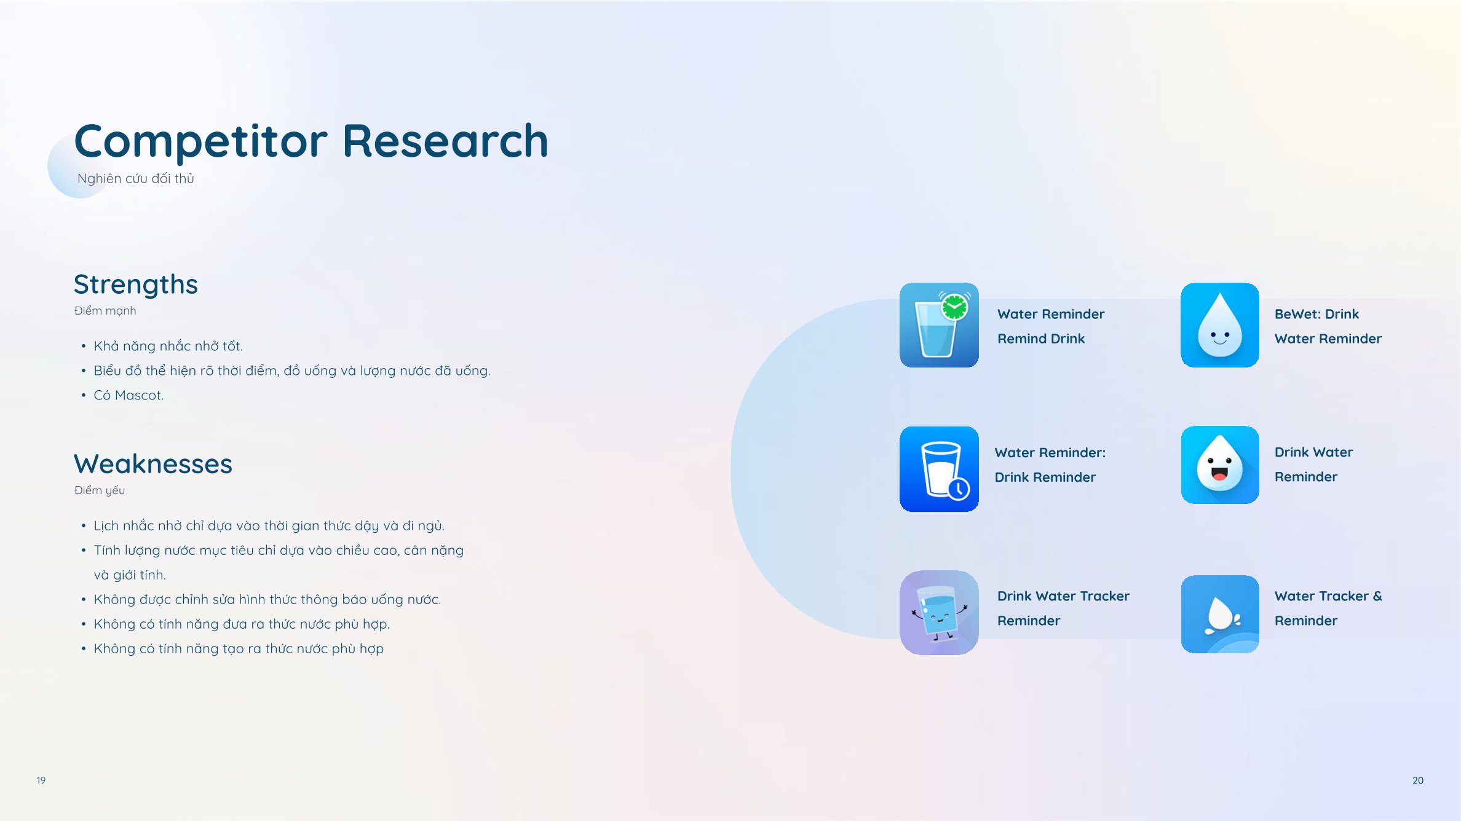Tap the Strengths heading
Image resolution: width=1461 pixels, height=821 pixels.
[136, 285]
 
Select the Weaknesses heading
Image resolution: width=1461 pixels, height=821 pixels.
[153, 463]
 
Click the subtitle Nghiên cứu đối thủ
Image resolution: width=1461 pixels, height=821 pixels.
[136, 178]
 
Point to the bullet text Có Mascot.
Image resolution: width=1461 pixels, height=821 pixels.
[129, 395]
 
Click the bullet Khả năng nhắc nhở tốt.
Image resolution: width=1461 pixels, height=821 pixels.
[168, 346]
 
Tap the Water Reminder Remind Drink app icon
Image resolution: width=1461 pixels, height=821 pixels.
[939, 325]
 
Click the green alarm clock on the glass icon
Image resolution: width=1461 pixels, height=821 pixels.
[955, 307]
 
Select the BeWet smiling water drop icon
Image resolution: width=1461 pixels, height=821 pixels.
[1220, 325]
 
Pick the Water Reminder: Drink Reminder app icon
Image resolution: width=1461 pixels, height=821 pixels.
[939, 469]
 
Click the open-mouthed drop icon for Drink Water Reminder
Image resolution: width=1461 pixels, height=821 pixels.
[1220, 465]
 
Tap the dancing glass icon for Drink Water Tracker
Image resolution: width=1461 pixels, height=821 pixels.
[939, 613]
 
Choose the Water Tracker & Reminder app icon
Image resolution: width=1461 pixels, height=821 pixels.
[1220, 614]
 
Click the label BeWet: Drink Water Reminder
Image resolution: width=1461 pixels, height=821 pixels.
[1328, 326]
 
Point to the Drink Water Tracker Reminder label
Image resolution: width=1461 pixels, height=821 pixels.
[1064, 608]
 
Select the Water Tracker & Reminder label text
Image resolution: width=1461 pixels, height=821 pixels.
[1328, 608]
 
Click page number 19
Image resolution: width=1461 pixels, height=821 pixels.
[41, 780]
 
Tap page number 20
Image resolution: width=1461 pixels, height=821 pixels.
[1418, 780]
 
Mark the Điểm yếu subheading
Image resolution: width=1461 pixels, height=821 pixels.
[100, 490]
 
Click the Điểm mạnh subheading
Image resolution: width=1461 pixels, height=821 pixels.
[105, 311]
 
